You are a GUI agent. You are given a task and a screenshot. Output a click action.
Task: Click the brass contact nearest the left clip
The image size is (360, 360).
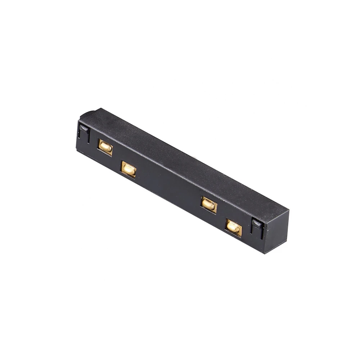click(105, 147)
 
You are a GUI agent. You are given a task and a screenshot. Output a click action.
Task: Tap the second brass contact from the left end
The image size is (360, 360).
click(129, 169)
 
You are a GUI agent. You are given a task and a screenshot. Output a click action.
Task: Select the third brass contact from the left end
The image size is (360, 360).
click(209, 204)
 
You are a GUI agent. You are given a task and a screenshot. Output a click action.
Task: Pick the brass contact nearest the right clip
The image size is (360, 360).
click(234, 227)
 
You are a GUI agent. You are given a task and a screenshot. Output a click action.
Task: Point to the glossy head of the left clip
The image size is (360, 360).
click(84, 128)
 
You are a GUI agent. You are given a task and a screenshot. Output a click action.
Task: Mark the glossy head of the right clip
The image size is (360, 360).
click(257, 223)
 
